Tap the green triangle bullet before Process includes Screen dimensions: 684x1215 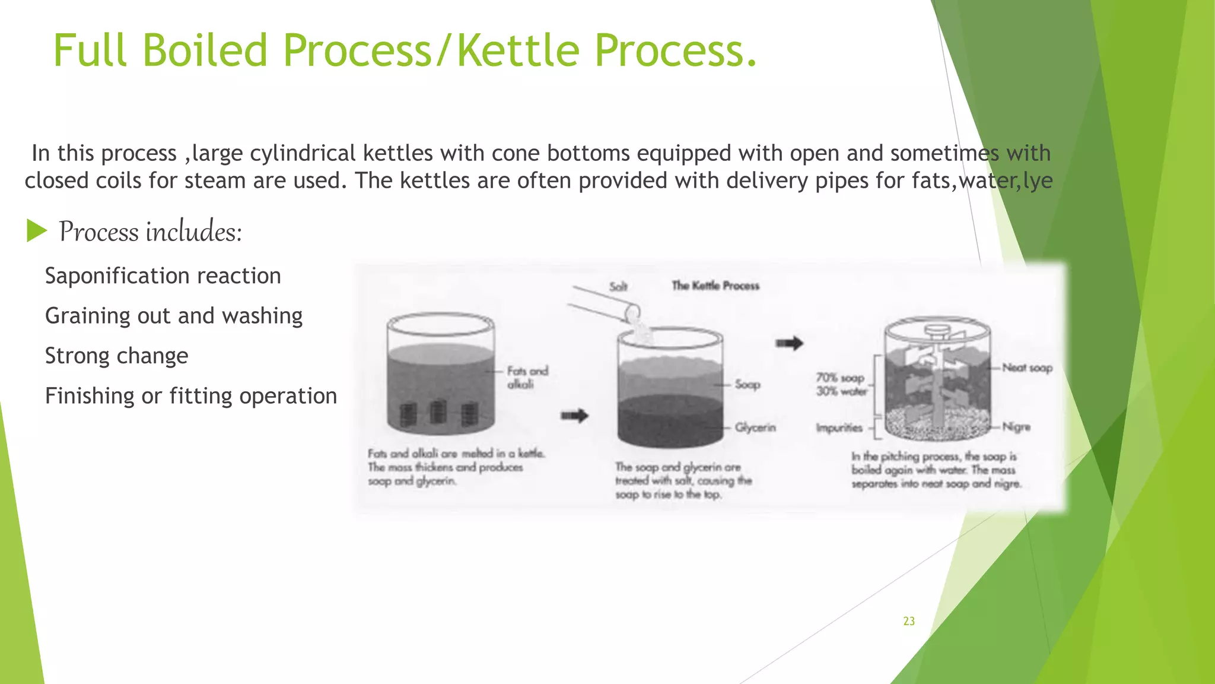point(36,231)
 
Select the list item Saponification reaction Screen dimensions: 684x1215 point(163,276)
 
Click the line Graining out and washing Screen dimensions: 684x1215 point(174,316)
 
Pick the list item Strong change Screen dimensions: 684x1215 point(116,356)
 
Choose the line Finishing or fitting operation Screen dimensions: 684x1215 point(191,396)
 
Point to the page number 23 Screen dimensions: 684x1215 point(909,621)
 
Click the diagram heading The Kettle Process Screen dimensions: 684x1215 point(715,286)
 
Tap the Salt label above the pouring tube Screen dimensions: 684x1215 point(618,287)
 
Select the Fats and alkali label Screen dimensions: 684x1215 point(527,378)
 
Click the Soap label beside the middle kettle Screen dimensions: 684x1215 point(747,385)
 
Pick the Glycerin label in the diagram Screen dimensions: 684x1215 point(755,427)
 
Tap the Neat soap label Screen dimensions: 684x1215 point(1027,368)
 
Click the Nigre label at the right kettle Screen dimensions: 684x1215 point(1016,427)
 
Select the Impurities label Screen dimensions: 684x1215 point(839,427)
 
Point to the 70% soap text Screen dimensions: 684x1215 point(839,378)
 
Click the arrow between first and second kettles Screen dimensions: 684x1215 point(574,416)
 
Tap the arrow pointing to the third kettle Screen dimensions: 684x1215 point(789,343)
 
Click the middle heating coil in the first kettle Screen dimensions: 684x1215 point(438,412)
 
